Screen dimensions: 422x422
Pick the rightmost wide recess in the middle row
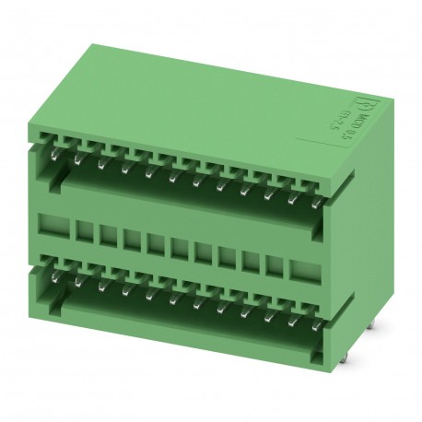(x=302, y=268)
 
